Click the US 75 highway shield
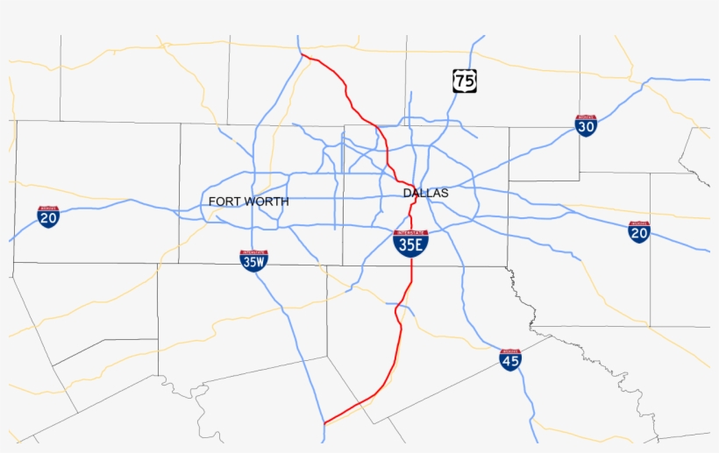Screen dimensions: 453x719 coord(465,81)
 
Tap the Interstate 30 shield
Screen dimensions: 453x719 coord(587,125)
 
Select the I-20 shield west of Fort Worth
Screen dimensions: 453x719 coord(49,217)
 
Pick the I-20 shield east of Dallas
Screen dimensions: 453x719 coord(639,232)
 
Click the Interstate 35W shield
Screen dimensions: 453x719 coord(253,261)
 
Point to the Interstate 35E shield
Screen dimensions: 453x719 coord(410,244)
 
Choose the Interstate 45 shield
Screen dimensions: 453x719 coord(510,359)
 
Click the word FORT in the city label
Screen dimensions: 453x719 coord(224,202)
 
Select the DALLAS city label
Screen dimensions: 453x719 coord(425,193)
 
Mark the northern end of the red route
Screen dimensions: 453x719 coord(302,55)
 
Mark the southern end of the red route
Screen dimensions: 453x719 coord(324,423)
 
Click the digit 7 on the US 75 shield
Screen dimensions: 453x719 coord(460,81)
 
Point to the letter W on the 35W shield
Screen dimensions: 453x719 coord(260,262)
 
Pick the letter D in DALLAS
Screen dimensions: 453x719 coord(407,193)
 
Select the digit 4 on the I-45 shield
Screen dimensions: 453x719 coord(507,360)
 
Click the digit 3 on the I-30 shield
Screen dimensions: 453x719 coord(583,127)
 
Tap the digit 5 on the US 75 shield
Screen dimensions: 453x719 coord(470,81)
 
